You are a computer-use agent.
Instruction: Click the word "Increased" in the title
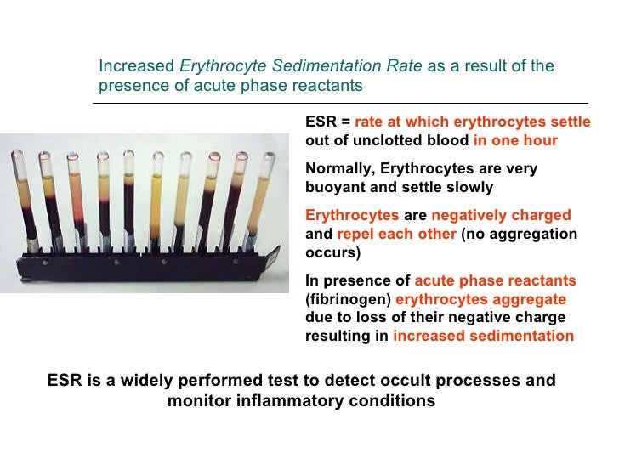coord(133,66)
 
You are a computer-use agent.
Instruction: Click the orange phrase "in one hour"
coord(515,140)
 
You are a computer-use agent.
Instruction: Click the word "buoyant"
coord(332,187)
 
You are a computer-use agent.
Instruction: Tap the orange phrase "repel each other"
coord(397,234)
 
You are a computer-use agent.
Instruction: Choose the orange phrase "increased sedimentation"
coord(483,336)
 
